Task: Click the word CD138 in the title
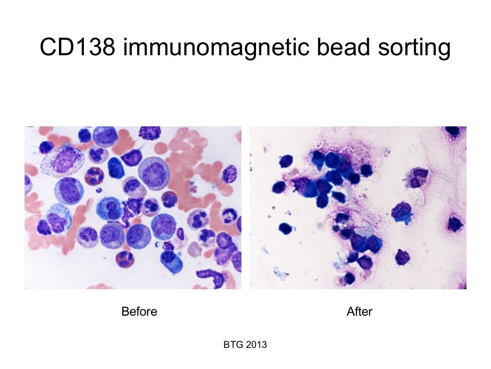(76, 48)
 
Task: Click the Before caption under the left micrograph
(139, 312)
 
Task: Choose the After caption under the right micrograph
(359, 312)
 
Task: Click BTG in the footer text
(233, 344)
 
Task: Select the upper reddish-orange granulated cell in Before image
(94, 176)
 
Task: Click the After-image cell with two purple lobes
(417, 177)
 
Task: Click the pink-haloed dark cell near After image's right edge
(455, 223)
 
